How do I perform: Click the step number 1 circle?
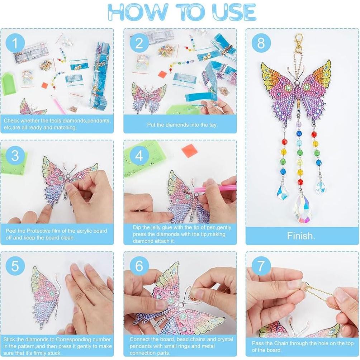tap(15, 43)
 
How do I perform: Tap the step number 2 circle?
tap(139, 43)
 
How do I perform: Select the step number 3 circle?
tap(15, 155)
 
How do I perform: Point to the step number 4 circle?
tap(139, 155)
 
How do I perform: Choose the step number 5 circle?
tap(15, 266)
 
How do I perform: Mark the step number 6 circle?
tap(139, 266)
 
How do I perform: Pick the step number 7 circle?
tap(261, 266)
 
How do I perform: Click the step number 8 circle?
tap(261, 43)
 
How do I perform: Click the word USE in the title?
tap(235, 12)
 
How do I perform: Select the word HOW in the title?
tap(137, 12)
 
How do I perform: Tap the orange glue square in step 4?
tap(189, 150)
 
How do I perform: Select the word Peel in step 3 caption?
tap(11, 231)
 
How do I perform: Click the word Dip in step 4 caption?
tap(137, 228)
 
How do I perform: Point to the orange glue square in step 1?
tap(44, 86)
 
